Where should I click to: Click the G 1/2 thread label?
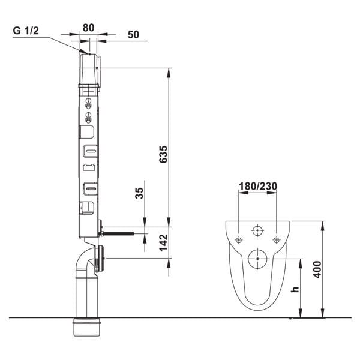26,31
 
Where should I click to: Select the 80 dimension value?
88,28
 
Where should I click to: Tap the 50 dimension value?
133,35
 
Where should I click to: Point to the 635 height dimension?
163,154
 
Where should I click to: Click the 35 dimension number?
139,193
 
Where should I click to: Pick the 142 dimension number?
163,242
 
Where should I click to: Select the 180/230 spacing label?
258,186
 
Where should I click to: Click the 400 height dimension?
317,270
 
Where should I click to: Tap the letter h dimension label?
295,290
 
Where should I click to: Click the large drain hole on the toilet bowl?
257,259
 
